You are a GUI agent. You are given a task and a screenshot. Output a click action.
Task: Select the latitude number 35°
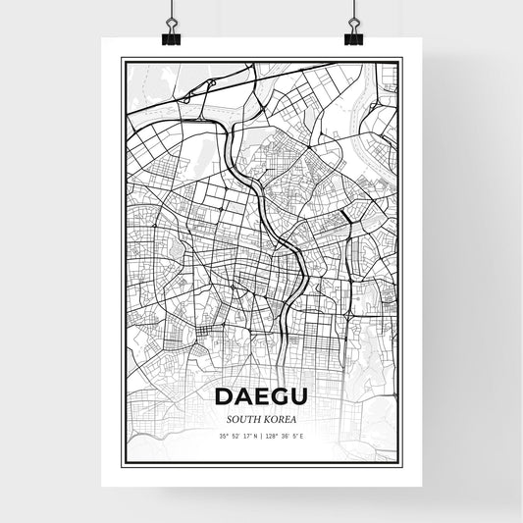pos(224,436)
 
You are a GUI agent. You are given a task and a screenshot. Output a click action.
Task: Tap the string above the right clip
pos(353,8)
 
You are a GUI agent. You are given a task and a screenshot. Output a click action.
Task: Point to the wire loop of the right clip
pos(353,24)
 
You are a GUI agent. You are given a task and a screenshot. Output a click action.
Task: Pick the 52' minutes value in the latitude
pos(235,436)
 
